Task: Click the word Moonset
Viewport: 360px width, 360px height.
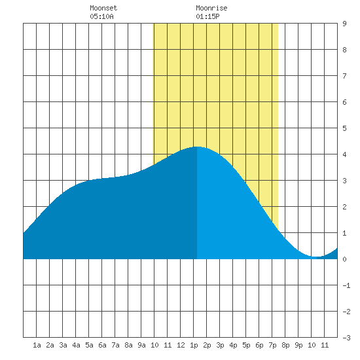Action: (103, 8)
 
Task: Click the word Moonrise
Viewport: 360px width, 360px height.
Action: (211, 8)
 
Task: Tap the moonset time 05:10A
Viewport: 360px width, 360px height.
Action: (101, 16)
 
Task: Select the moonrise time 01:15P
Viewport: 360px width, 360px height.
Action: (207, 16)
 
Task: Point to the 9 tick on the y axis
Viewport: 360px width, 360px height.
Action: (344, 24)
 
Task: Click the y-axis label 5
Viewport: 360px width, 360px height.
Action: (344, 128)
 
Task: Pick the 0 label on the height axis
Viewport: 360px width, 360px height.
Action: (344, 259)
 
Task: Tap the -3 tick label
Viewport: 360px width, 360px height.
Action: (346, 338)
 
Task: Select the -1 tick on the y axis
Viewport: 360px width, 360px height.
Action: (346, 285)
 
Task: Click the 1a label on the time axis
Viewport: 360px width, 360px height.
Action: (37, 345)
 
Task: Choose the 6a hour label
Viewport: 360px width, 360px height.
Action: (102, 345)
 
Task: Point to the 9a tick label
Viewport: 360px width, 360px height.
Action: (141, 345)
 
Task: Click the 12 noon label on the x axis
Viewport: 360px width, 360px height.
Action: (181, 345)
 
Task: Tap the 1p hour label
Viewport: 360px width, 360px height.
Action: (194, 345)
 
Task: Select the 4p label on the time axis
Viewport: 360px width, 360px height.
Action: (233, 345)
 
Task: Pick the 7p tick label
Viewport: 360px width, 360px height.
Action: (272, 345)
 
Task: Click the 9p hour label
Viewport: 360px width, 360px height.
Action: (298, 345)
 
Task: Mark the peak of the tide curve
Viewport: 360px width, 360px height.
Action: (197, 147)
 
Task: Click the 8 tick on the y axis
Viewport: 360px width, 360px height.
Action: (344, 50)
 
